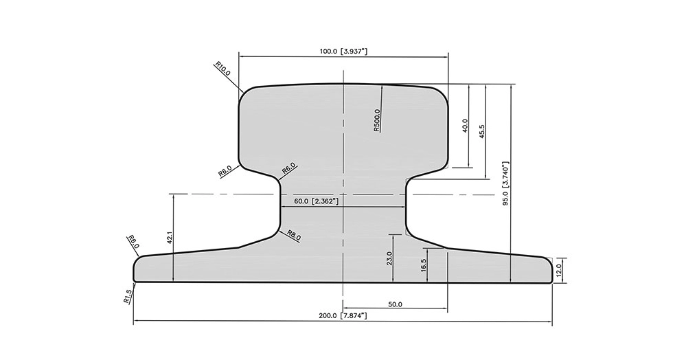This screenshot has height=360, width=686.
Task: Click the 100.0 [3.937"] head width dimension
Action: tap(343, 52)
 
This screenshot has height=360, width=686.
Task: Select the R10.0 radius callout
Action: tap(222, 69)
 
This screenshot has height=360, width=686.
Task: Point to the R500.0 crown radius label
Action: tap(377, 120)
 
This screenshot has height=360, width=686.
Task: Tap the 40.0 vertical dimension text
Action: tap(465, 125)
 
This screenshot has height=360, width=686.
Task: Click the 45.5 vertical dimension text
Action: tap(482, 131)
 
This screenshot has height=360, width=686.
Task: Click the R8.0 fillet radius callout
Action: tap(294, 235)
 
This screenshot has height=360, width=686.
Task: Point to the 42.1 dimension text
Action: tap(170, 237)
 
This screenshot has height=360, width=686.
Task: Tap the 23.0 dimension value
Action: tap(389, 258)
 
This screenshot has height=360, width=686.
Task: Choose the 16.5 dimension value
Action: tap(423, 265)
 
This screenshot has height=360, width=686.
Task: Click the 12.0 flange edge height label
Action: tap(558, 271)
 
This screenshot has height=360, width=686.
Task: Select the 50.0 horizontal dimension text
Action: tap(395, 304)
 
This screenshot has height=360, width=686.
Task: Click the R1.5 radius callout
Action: tap(127, 297)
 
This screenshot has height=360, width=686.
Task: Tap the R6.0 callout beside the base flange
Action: tap(133, 243)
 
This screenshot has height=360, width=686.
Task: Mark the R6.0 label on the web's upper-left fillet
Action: tap(288, 168)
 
